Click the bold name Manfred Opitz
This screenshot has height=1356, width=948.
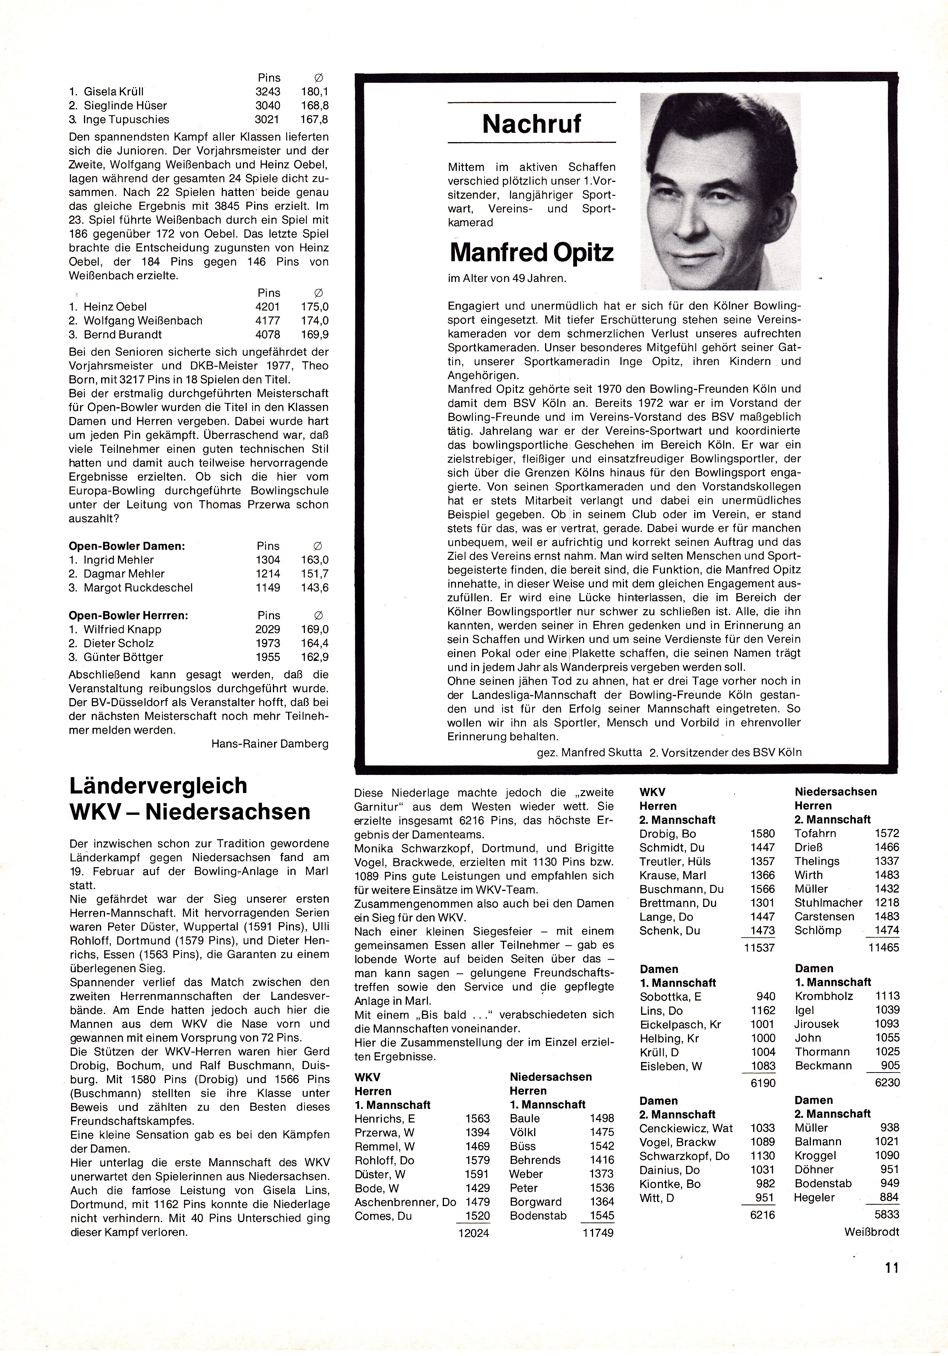coord(531,253)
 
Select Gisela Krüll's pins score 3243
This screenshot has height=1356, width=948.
coord(267,91)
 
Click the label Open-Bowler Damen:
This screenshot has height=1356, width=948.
coord(127,546)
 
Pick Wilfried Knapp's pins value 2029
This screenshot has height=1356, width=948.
coord(267,629)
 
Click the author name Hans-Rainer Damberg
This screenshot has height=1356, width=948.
coord(269,743)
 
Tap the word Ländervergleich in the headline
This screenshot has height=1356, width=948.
coord(158,786)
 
